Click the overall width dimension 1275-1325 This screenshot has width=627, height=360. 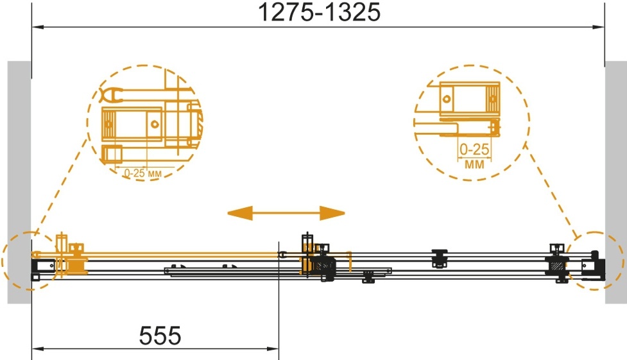319,12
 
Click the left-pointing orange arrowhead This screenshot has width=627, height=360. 240,213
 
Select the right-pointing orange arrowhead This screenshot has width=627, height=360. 332,213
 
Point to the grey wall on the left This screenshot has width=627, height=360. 19,182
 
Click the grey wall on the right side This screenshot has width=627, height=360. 616,182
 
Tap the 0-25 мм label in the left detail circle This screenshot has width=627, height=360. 142,173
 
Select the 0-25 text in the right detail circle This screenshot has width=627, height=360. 474,150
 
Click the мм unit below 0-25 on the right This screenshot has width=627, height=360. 474,164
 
